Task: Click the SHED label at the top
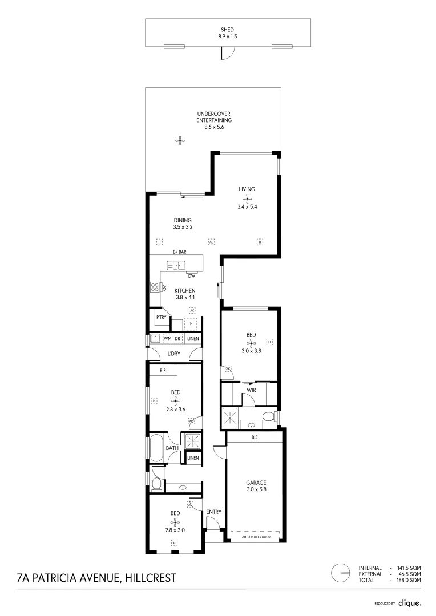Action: (228, 30)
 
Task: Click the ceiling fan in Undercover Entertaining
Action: (180, 141)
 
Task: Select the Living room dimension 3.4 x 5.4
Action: (247, 207)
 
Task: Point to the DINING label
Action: (182, 220)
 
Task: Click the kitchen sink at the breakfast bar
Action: (176, 265)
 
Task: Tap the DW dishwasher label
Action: (191, 276)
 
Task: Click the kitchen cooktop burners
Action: (154, 287)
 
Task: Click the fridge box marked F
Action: (191, 323)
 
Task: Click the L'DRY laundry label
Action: (174, 354)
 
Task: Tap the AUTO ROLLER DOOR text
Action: (255, 537)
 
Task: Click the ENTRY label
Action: (213, 512)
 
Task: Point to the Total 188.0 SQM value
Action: (409, 580)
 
